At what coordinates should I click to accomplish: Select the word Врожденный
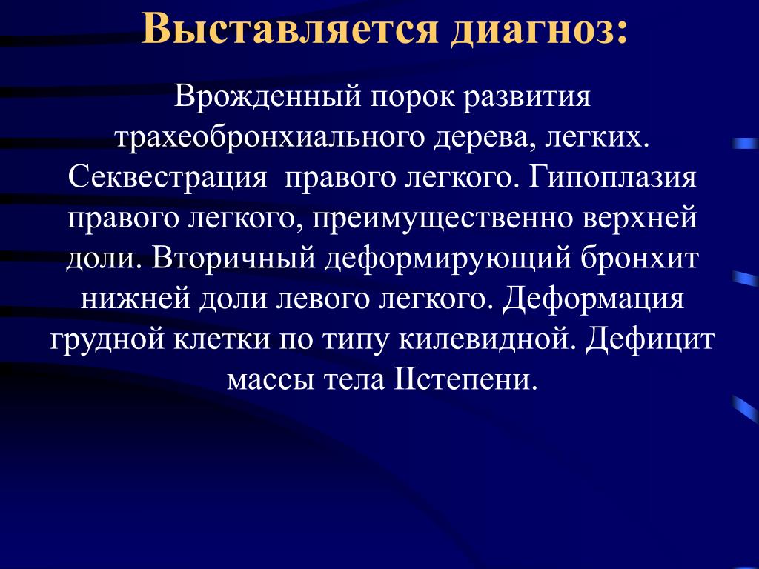pos(268,97)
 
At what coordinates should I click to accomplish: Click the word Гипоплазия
pos(613,178)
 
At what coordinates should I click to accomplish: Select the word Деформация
pos(593,299)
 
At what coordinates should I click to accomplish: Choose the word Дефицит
pos(649,339)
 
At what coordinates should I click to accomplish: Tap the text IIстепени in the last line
pos(467,380)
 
